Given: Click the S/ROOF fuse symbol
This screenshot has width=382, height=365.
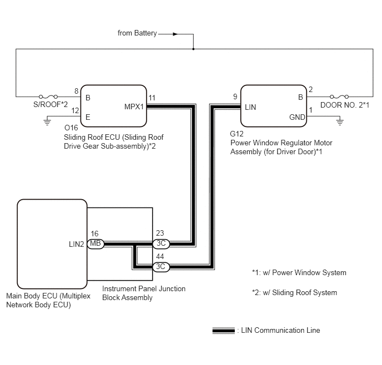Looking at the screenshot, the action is (x=48, y=97).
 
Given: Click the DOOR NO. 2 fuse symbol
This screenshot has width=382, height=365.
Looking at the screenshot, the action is (x=339, y=97).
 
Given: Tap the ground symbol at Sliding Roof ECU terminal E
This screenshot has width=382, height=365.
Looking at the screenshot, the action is (x=47, y=121).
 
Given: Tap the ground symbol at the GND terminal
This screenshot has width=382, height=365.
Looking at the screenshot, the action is (x=340, y=121).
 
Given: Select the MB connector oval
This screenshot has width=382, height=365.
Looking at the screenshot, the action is (x=95, y=244).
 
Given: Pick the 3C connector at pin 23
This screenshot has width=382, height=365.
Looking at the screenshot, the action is (x=161, y=244).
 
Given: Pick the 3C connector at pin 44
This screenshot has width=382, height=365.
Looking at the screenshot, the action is (x=161, y=267).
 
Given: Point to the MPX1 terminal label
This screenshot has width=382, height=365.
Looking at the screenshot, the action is (x=134, y=107).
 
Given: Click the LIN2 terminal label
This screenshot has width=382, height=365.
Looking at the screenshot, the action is (x=76, y=244).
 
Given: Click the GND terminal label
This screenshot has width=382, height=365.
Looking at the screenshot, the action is (x=297, y=117).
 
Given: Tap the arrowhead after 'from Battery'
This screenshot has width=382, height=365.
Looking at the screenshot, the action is (x=175, y=34).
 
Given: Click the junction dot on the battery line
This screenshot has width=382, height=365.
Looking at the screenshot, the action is (x=193, y=49).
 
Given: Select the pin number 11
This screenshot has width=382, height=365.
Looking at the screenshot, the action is (x=152, y=98).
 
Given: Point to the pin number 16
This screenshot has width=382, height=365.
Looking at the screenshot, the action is (x=94, y=234).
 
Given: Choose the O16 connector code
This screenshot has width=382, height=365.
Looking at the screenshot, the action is (x=71, y=128).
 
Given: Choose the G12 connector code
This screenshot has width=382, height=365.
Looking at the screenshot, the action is (x=237, y=134).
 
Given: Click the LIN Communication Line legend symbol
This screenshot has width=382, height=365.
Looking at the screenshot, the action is (x=224, y=331).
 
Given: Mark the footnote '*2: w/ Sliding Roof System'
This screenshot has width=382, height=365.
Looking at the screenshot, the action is (x=294, y=292).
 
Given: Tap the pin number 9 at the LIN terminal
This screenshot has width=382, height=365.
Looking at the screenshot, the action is (x=235, y=97).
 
